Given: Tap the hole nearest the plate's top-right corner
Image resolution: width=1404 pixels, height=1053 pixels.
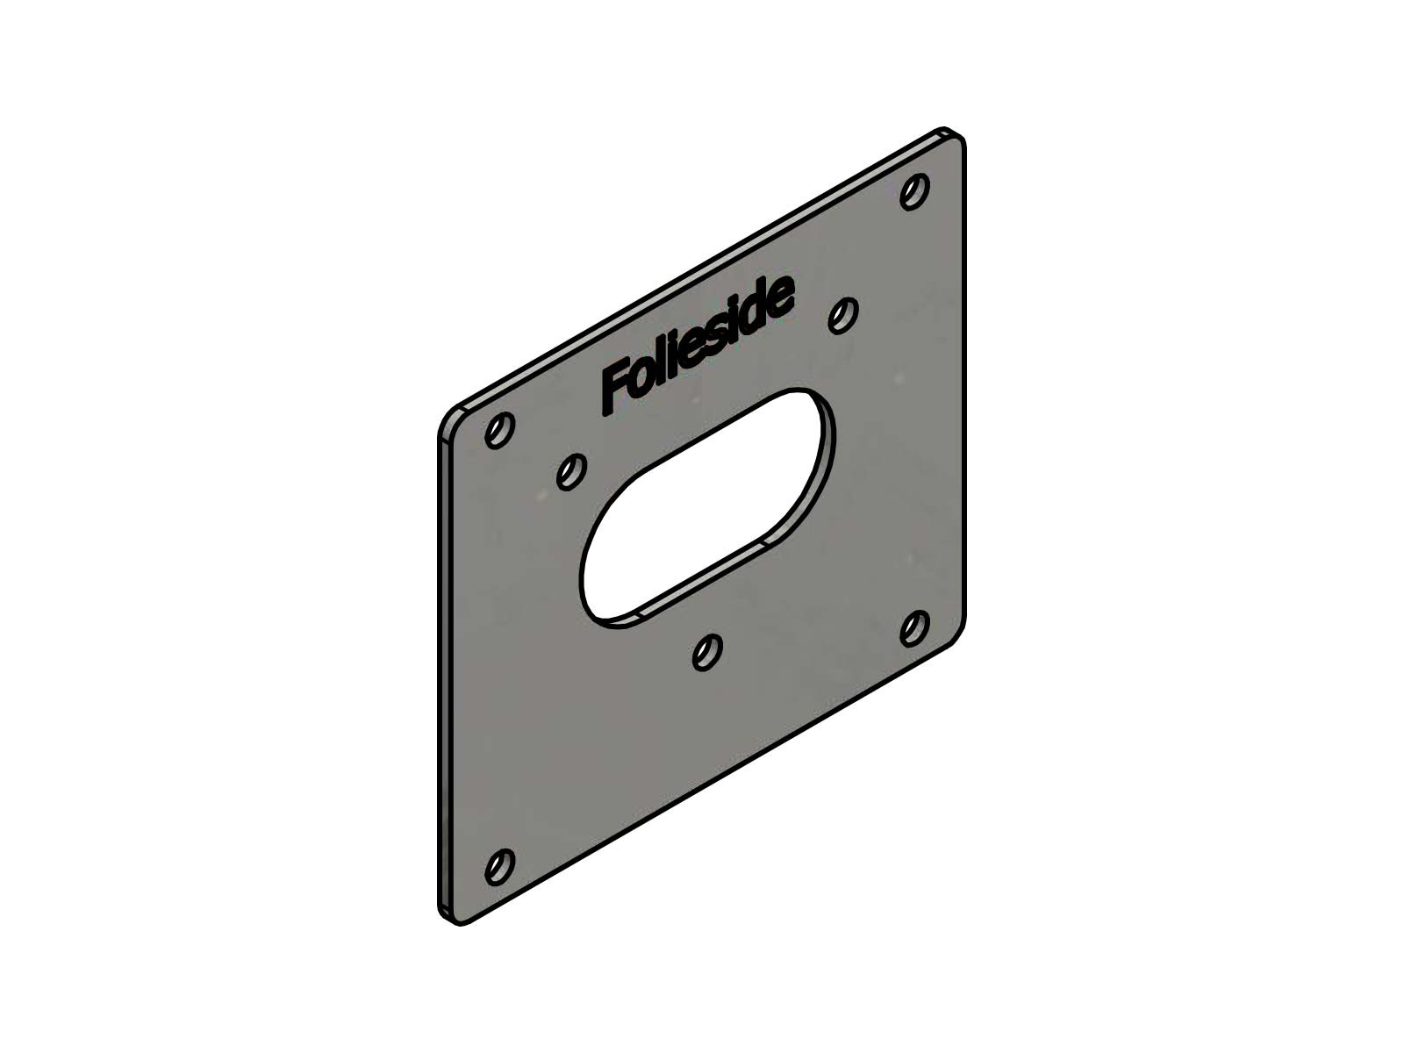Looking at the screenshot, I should pyautogui.click(x=915, y=191).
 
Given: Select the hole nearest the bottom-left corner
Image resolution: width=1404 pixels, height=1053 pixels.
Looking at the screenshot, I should pyautogui.click(x=499, y=866).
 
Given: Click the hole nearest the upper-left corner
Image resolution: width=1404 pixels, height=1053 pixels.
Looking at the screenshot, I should pyautogui.click(x=499, y=431).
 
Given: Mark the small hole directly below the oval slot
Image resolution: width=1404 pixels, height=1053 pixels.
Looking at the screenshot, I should pyautogui.click(x=707, y=652).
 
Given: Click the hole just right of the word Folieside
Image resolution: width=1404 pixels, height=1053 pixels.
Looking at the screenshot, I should pyautogui.click(x=843, y=313).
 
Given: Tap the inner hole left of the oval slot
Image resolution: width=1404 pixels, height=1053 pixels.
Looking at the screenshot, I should pyautogui.click(x=571, y=472).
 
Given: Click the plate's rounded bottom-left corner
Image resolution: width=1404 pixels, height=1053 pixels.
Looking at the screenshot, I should pyautogui.click(x=448, y=913).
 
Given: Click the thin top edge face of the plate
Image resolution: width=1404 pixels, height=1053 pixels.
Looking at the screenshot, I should pyautogui.click(x=702, y=271).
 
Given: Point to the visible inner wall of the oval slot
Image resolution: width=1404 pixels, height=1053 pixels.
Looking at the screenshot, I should pyautogui.click(x=702, y=588).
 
